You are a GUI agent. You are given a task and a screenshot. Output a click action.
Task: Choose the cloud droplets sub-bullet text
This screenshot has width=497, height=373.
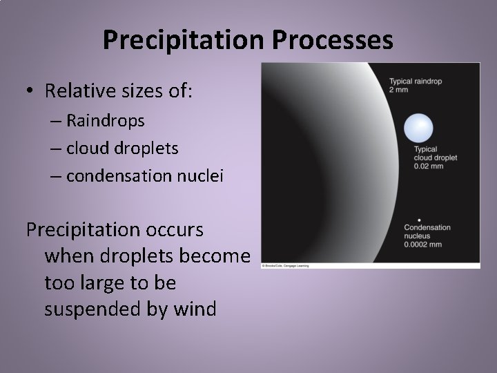pyautogui.click(x=123, y=148)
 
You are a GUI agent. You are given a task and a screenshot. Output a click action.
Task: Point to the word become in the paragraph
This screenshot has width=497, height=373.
pyautogui.click(x=215, y=256)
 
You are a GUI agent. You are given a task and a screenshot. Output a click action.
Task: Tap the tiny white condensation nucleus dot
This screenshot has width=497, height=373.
pyautogui.click(x=419, y=220)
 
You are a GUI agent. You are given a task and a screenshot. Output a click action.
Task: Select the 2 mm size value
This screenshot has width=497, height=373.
pyautogui.click(x=399, y=90)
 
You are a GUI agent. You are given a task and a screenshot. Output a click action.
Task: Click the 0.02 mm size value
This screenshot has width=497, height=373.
pyautogui.click(x=427, y=166)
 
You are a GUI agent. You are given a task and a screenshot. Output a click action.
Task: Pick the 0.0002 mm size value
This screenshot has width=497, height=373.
pyautogui.click(x=425, y=243)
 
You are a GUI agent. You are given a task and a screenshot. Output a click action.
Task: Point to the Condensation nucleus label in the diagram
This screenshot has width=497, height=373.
pyautogui.click(x=427, y=231)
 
